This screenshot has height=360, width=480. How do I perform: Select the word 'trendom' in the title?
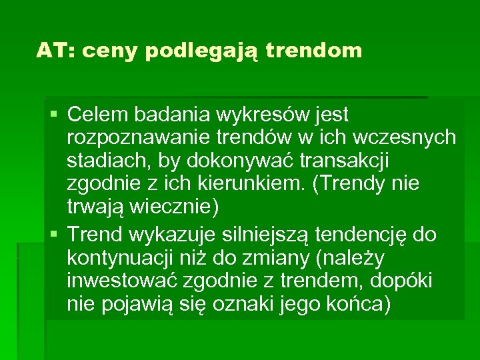pyautogui.click(x=313, y=50)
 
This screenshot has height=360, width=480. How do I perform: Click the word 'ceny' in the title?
pyautogui.click(x=113, y=51)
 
